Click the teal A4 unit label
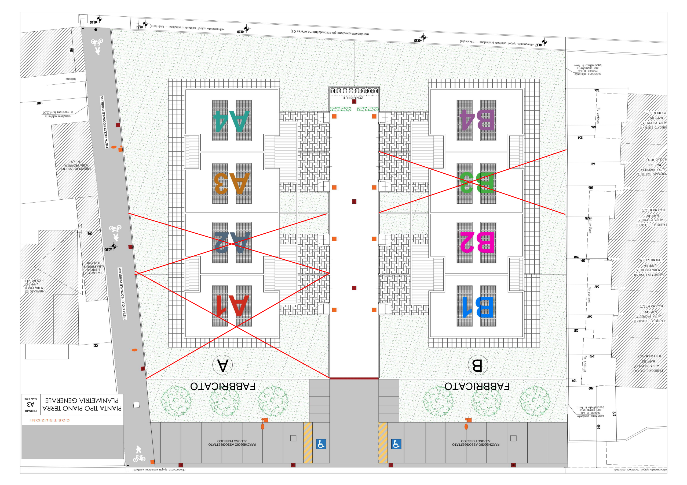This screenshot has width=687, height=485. coord(231,121)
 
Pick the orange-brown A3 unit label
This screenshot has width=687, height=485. coord(231,183)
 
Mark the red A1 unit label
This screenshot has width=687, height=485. coord(232,306)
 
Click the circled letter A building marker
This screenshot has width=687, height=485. coord(222,365)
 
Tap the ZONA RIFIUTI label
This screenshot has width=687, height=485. coord(353,98)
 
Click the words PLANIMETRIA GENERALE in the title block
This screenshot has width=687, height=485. coord(82,400)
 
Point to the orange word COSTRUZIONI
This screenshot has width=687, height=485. coord(50,420)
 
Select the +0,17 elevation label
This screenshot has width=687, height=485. coord(539,45)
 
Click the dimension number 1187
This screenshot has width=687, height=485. coord(39,103)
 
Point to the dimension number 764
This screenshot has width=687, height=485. coord(596,90)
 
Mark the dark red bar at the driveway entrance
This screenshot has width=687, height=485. coord(354,378)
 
